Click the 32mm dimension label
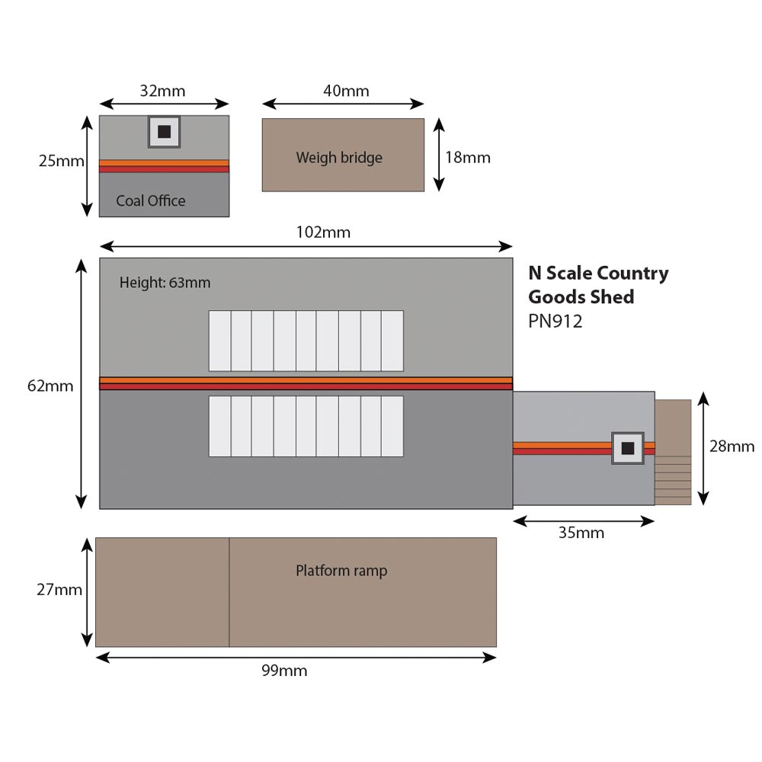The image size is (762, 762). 162,91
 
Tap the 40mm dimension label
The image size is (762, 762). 346,91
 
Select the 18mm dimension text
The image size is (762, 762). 468,158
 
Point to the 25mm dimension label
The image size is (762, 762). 61,162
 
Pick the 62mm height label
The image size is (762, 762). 50,386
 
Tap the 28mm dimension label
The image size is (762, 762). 732,447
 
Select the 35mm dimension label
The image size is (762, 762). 581,533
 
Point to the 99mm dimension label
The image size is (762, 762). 284,671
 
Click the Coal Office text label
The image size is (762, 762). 151,201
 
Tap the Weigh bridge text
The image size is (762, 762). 339,158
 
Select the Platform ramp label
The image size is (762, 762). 341,570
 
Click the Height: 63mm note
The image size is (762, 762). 165,283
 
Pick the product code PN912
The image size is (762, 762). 555,322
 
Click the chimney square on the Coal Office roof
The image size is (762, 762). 164,132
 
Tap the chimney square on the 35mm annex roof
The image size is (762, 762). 628,448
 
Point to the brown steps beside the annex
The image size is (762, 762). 674,453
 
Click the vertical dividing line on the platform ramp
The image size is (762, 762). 229,592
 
